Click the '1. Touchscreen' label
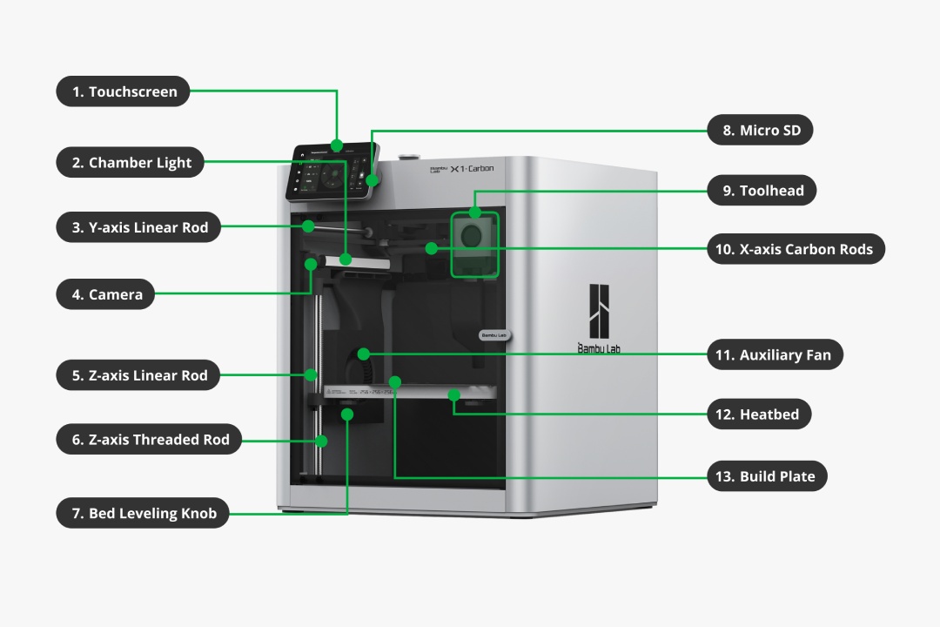tap(123, 91)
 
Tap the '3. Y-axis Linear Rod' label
tap(138, 228)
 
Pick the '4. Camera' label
tap(105, 294)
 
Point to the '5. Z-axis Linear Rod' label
tap(138, 375)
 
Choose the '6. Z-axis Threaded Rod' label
tap(149, 440)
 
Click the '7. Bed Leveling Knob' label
tap(143, 513)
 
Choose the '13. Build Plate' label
tap(767, 476)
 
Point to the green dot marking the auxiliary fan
tap(364, 354)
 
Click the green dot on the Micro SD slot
tap(373, 179)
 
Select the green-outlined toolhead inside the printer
tap(474, 244)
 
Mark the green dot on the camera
tap(311, 262)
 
